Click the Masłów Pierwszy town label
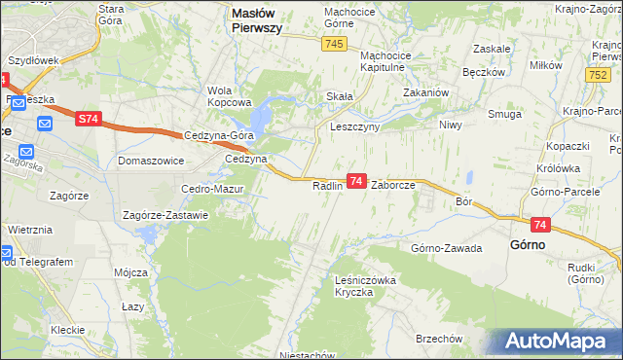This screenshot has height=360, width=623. click(256, 20)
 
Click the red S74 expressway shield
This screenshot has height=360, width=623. click(89, 119)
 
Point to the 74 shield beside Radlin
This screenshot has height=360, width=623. click(356, 182)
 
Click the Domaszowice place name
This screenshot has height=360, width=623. click(151, 160)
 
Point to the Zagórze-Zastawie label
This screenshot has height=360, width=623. click(165, 215)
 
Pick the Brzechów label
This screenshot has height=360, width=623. click(437, 339)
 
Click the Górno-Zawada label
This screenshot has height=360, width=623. click(447, 248)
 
